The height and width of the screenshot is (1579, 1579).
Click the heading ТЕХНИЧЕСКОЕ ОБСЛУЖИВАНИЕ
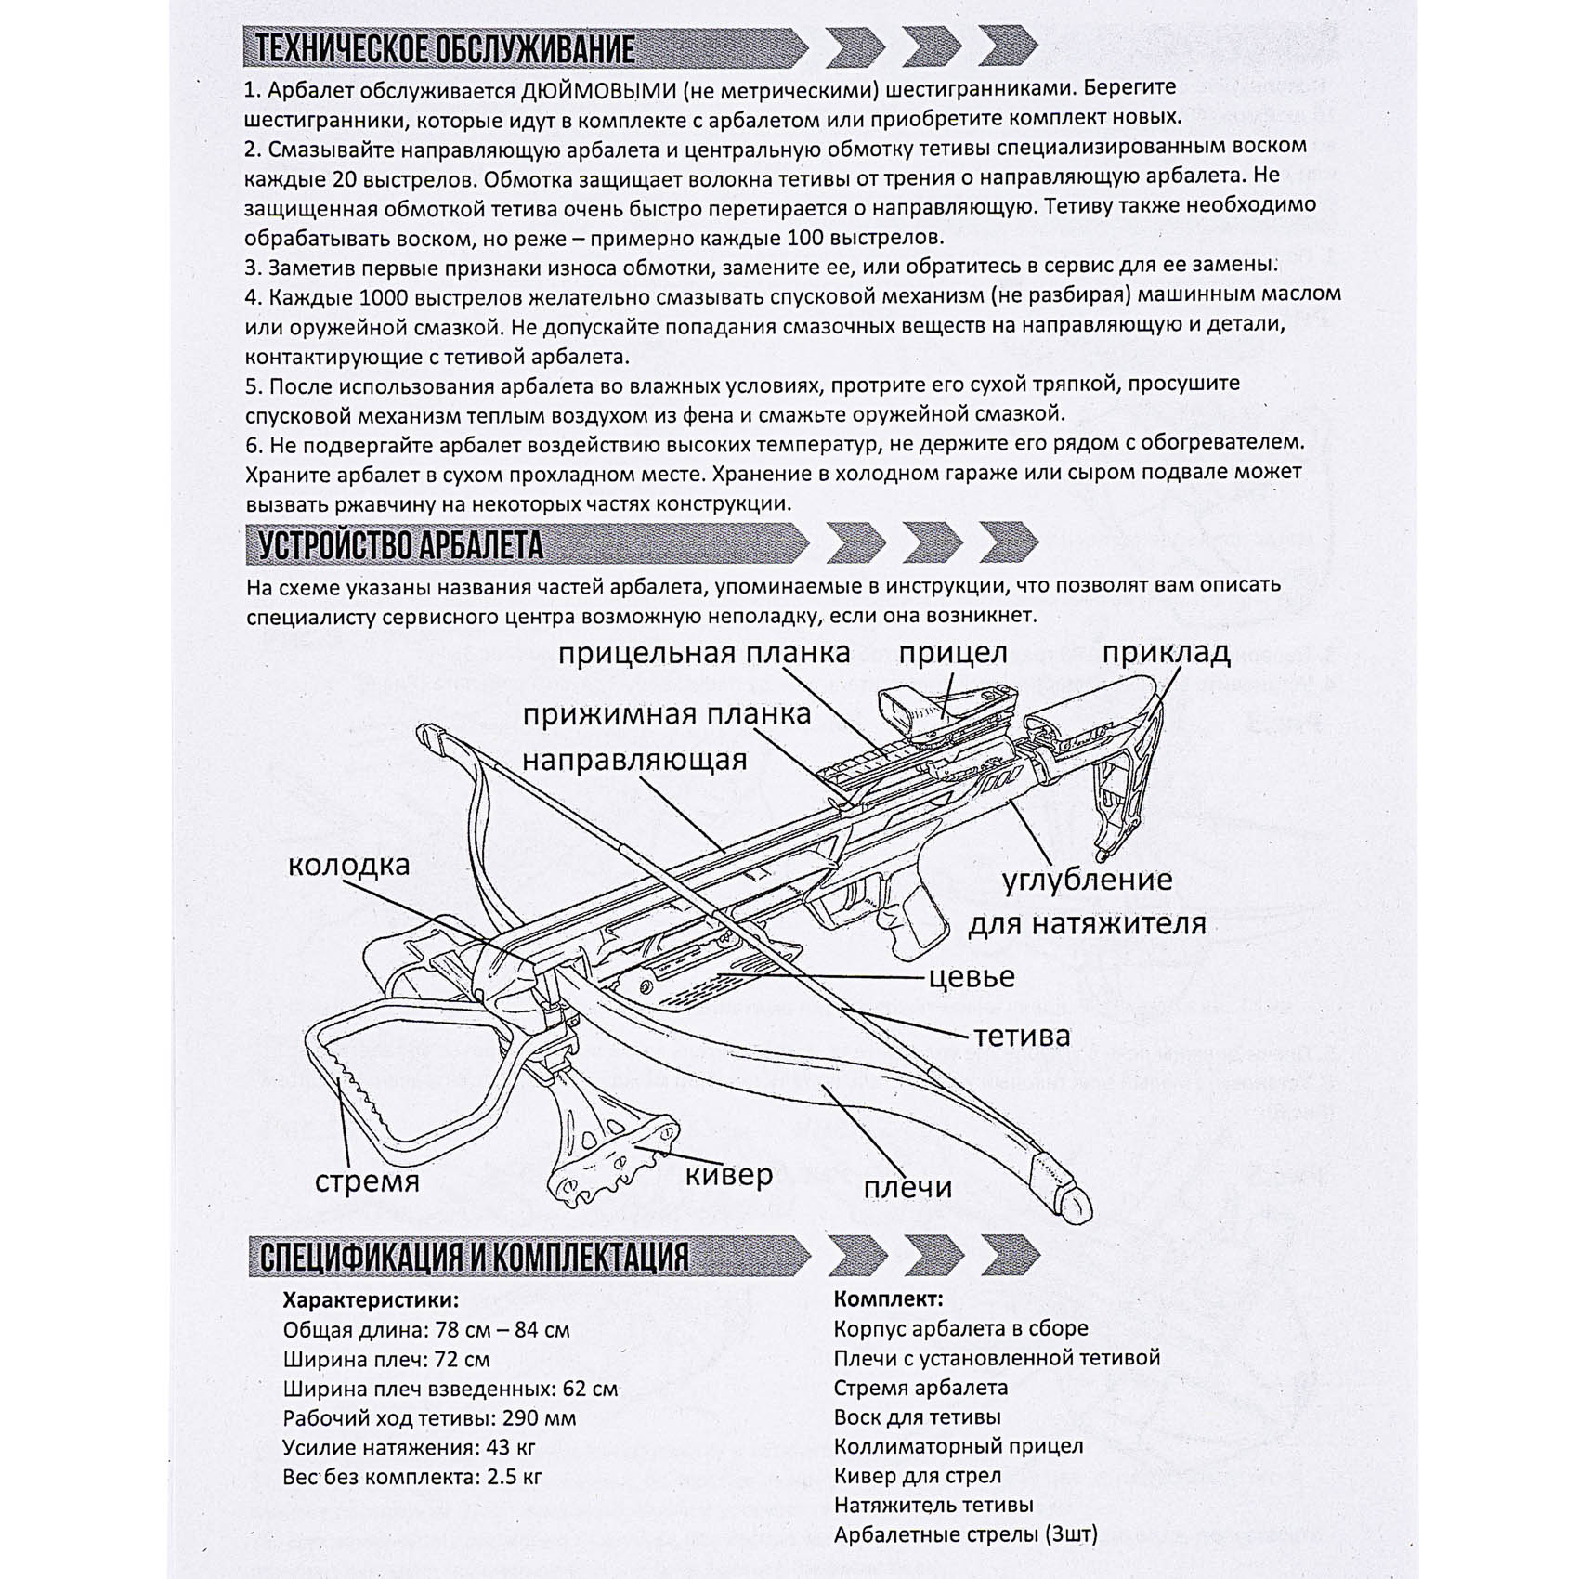pyautogui.click(x=445, y=48)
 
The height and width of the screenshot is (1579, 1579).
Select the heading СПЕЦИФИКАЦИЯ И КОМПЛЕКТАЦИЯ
pyautogui.click(x=474, y=1258)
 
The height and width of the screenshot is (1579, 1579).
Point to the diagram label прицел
pyautogui.click(x=952, y=653)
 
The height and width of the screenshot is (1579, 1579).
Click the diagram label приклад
pyautogui.click(x=1166, y=653)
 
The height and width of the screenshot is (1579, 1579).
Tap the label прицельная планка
pyautogui.click(x=704, y=653)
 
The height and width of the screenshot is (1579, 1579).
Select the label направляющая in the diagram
pyautogui.click(x=634, y=760)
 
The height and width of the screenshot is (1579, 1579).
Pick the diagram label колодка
pyautogui.click(x=348, y=866)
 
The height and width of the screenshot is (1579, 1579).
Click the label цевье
pyautogui.click(x=972, y=976)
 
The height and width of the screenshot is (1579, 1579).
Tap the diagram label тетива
pyautogui.click(x=1022, y=1036)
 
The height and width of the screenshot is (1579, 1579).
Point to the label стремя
pyautogui.click(x=367, y=1181)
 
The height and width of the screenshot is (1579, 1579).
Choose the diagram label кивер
pyautogui.click(x=728, y=1175)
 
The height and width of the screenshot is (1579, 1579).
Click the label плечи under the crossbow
pyautogui.click(x=907, y=1187)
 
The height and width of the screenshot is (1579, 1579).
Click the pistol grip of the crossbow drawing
pyautogui.click(x=914, y=920)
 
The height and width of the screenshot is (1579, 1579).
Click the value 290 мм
pyautogui.click(x=539, y=1418)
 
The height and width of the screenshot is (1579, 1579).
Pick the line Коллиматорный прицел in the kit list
pyautogui.click(x=958, y=1446)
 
